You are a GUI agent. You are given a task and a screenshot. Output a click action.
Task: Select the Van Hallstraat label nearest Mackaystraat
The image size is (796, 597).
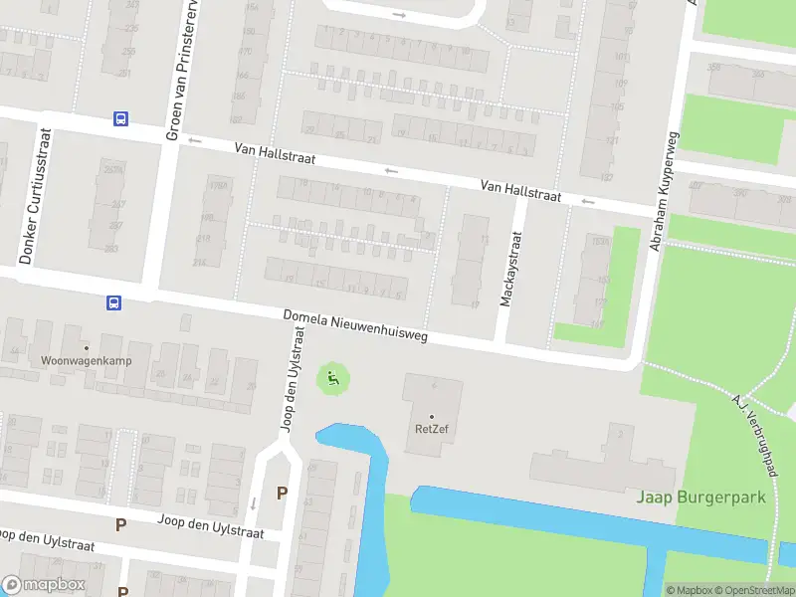[520, 191]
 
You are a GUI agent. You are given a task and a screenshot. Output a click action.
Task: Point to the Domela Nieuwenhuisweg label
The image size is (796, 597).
[355, 325]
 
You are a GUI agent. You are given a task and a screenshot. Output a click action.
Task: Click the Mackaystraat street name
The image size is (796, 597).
[509, 268]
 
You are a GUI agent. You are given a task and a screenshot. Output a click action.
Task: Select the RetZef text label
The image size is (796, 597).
[431, 430]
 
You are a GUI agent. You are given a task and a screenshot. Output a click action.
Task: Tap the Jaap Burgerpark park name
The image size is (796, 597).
[701, 497]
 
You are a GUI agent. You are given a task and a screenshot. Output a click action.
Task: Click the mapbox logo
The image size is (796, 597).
[44, 585]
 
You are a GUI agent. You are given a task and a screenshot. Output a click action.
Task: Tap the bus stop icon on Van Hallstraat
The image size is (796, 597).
[120, 119]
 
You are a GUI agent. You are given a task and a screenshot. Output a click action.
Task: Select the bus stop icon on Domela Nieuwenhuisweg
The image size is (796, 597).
[113, 301]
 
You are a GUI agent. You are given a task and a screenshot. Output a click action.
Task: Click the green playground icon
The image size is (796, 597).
[333, 377]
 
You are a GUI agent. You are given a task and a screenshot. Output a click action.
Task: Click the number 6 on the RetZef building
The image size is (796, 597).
[434, 385]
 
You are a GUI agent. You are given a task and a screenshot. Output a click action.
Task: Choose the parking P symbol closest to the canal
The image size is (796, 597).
[282, 493]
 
